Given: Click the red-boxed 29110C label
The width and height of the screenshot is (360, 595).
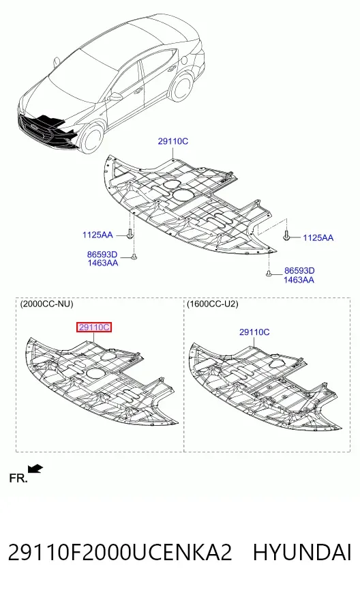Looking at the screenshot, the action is [94, 327].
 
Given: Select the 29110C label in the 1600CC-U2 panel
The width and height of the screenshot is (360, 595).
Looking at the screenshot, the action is [254, 332].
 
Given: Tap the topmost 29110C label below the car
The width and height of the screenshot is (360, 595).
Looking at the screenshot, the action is [173, 141].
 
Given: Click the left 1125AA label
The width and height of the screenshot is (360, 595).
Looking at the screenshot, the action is [97, 235].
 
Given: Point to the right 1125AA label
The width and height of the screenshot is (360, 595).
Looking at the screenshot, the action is [318, 238].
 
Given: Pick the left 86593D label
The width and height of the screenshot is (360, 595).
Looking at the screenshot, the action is [102, 255].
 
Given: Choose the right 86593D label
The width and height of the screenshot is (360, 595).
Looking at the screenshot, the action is [299, 271].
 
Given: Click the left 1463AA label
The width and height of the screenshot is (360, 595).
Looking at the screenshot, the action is [103, 263].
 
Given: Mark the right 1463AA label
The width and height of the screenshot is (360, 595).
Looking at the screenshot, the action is [299, 280].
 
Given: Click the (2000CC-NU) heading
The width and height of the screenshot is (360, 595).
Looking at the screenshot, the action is [46, 304].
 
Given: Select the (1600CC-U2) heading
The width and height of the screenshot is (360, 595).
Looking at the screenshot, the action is [213, 304].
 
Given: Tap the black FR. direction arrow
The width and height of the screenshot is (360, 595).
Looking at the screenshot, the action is [36, 469].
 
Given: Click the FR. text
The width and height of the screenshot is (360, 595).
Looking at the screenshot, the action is [18, 478].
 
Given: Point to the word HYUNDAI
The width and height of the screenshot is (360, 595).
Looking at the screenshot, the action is [302, 553].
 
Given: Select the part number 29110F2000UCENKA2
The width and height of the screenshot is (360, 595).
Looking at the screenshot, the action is [120, 553].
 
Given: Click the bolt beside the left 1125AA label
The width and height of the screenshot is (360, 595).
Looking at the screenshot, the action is [130, 234].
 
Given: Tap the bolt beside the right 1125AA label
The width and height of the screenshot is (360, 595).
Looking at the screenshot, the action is [287, 236].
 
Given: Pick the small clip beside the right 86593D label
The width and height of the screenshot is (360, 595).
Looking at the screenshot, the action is [269, 274].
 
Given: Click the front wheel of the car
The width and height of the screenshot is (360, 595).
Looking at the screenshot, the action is [91, 139].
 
